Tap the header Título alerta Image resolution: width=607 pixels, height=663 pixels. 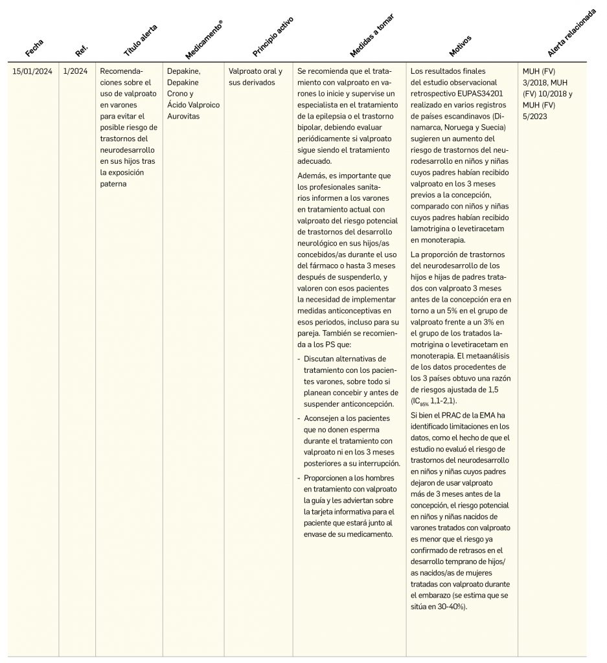tap(141, 39)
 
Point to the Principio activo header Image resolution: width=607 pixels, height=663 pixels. tap(273, 39)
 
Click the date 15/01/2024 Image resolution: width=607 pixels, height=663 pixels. tap(32, 71)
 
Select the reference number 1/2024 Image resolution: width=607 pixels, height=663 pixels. tap(75, 71)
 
